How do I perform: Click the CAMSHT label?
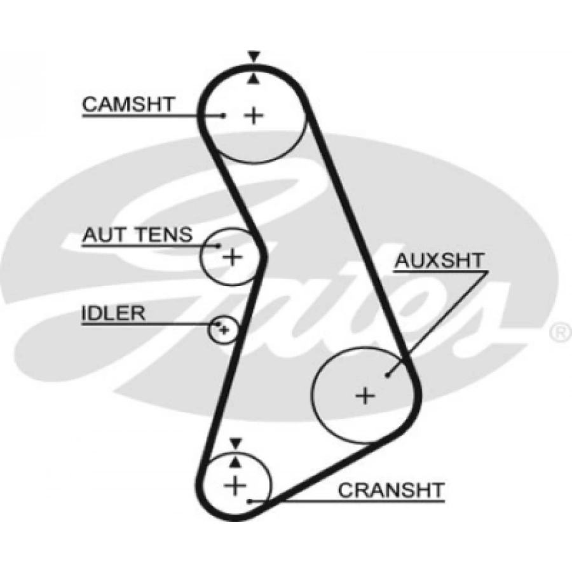[x=128, y=104]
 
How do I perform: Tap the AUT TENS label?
[x=137, y=235]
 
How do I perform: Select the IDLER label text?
[x=113, y=313]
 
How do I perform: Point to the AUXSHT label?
[x=439, y=260]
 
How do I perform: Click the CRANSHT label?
[x=391, y=490]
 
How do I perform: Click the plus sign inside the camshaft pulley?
[x=254, y=115]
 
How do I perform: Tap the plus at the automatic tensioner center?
[x=233, y=257]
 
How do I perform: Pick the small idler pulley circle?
[x=223, y=329]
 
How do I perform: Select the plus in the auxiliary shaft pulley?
[x=365, y=395]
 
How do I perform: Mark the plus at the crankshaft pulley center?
[x=235, y=486]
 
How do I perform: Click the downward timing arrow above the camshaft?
[x=254, y=56]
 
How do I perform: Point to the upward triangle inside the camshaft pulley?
[x=254, y=79]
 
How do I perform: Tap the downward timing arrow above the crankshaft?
[x=236, y=442]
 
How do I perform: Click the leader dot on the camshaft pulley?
[x=224, y=115]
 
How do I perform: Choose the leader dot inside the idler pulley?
[x=219, y=325]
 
